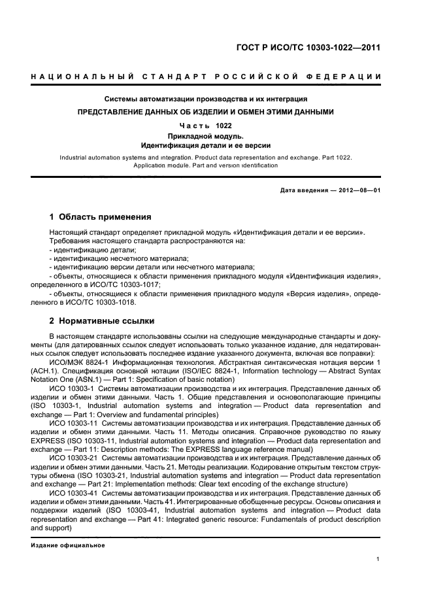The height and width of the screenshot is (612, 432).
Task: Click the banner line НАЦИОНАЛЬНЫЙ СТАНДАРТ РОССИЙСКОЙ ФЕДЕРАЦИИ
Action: click(206, 77)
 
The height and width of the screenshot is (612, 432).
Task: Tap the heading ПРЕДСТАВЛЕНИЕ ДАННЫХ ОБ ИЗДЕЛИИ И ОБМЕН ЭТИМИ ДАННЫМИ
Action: click(206, 112)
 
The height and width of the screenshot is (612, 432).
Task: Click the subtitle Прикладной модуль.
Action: click(206, 135)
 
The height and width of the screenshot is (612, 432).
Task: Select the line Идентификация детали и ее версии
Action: click(206, 145)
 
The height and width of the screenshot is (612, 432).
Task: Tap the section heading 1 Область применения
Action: click(100, 216)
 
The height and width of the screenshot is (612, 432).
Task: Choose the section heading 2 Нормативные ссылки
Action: click(101, 321)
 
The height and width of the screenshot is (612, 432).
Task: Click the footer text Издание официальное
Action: click(68, 545)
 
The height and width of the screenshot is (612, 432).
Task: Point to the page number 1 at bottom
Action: click(378, 559)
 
